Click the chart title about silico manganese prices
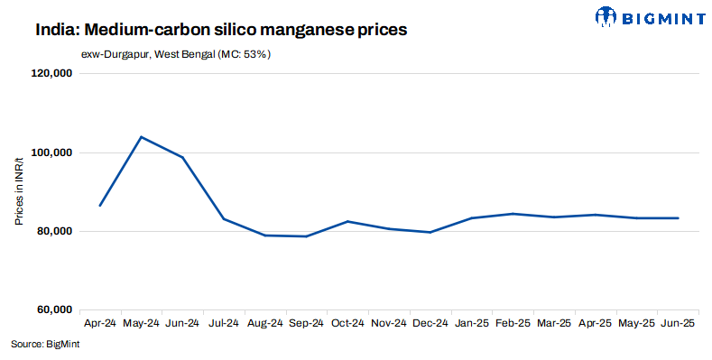tap(221, 30)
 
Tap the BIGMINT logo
tap(649, 16)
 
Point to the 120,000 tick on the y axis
tap(51, 75)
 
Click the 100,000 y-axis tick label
tap(51, 153)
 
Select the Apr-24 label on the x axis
tap(99, 322)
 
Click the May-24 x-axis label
tap(141, 322)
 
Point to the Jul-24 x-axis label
tap(224, 322)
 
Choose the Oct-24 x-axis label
tap(347, 322)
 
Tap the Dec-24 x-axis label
tap(430, 322)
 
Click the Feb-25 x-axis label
tap(513, 322)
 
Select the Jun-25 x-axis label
tap(678, 322)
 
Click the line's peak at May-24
tap(141, 137)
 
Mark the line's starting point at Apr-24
tap(99, 206)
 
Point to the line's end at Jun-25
tap(678, 217)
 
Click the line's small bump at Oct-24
tap(347, 221)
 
